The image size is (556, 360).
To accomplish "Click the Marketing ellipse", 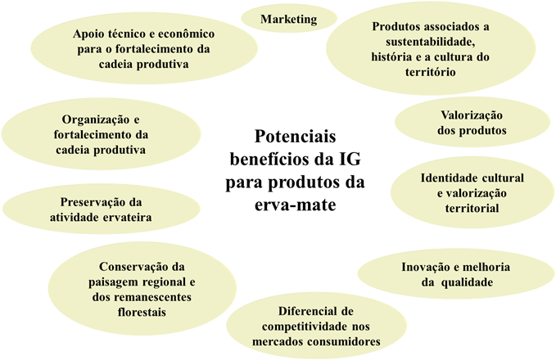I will click(x=289, y=19).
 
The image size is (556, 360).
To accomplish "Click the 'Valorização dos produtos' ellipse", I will click(x=472, y=123).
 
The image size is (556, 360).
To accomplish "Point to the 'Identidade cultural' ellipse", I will click(x=472, y=193).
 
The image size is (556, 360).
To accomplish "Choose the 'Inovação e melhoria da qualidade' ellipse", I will click(x=456, y=275).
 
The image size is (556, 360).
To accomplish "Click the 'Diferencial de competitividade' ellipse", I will click(x=315, y=326).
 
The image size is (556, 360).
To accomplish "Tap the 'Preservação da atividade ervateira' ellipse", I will click(x=102, y=209).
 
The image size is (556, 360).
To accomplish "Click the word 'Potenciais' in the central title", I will click(x=296, y=136).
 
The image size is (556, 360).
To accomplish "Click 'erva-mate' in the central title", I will click(x=296, y=200).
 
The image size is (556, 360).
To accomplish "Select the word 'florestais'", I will click(x=142, y=312).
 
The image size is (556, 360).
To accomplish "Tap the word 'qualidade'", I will click(x=465, y=283).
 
